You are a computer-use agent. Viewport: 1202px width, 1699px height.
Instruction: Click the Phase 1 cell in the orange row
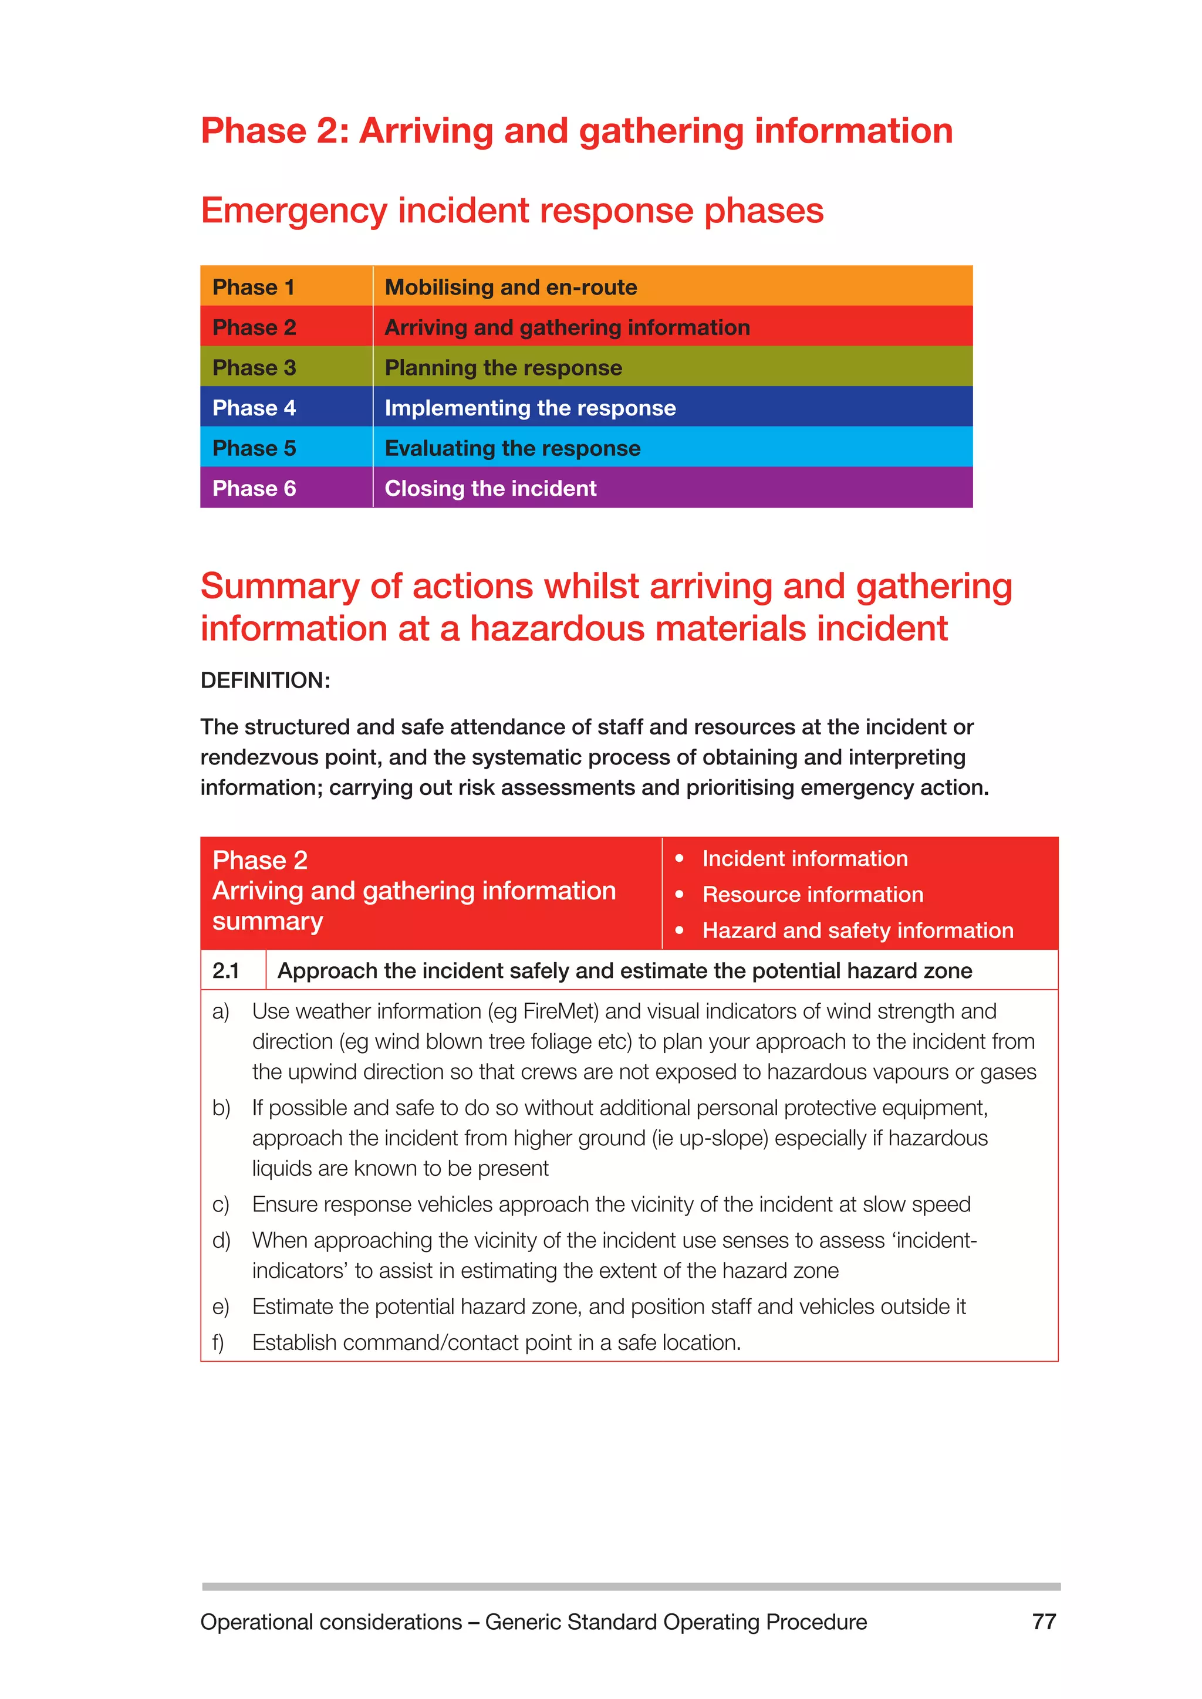coord(254,287)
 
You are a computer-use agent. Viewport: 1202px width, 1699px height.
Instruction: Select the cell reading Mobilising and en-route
coord(511,287)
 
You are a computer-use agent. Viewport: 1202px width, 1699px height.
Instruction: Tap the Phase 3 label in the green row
coord(254,368)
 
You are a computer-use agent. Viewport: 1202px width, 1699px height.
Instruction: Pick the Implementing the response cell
coord(530,408)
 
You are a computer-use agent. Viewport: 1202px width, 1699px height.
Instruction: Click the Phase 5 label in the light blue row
coord(254,448)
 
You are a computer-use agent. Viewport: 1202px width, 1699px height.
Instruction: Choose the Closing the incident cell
coord(490,488)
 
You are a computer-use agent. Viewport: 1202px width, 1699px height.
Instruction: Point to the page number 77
coord(1044,1622)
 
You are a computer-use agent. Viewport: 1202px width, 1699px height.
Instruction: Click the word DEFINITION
coord(264,680)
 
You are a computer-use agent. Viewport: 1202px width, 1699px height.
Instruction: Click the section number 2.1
coord(227,970)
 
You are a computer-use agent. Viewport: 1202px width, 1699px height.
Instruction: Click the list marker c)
coord(221,1204)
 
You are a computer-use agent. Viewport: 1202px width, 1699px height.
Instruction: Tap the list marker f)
coord(218,1342)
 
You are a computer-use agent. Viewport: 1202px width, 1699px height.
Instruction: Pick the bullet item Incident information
coord(805,858)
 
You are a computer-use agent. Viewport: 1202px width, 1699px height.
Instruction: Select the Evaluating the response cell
coord(512,448)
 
